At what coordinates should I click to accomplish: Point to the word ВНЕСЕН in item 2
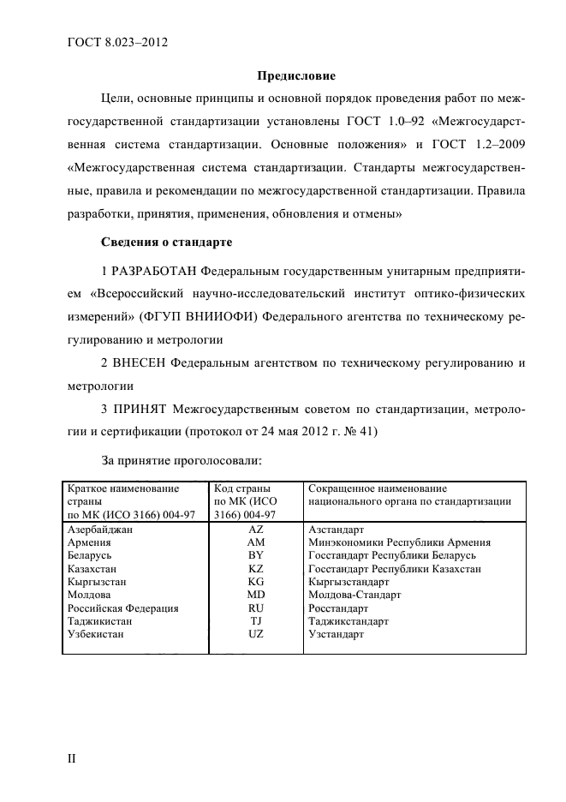(140, 363)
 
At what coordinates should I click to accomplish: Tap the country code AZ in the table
(256, 530)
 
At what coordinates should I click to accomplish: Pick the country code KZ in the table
(256, 569)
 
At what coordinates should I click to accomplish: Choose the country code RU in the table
(256, 608)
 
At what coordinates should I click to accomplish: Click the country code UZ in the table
(256, 634)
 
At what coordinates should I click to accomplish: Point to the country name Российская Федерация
(122, 608)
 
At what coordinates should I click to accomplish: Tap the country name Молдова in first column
(88, 595)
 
